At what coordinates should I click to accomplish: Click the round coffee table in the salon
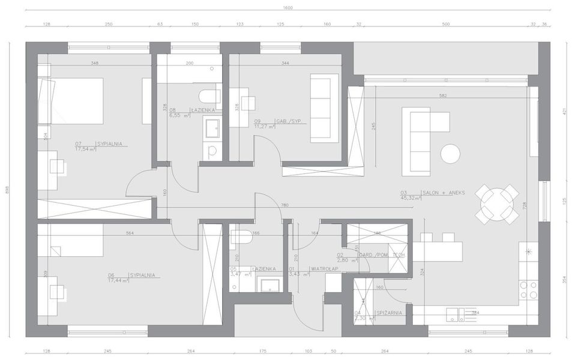[450, 154]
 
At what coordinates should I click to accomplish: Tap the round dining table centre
[496, 205]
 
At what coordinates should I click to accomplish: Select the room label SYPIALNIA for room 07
[109, 144]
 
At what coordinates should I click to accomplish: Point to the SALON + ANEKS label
[443, 193]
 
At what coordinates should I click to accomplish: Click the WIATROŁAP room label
[324, 269]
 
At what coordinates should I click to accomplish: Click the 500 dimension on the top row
[445, 25]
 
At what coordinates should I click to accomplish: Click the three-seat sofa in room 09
[324, 108]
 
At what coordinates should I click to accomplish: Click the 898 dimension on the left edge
[8, 190]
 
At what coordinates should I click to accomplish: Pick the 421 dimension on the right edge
[564, 112]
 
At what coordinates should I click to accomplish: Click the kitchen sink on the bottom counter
[453, 313]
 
